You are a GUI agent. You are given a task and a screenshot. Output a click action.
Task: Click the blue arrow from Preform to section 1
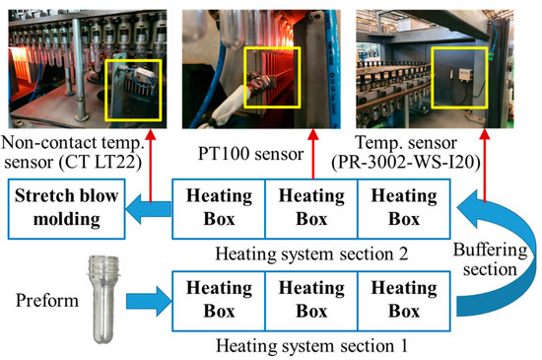pos(149,292)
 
